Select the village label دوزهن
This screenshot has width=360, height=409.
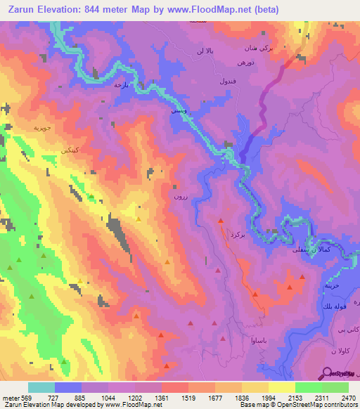click(245, 63)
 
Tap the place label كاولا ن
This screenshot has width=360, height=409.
click(342, 350)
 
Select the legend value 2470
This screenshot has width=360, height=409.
click(349, 399)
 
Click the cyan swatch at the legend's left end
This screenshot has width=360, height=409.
click(41, 387)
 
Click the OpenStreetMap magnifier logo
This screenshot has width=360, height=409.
click(326, 374)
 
